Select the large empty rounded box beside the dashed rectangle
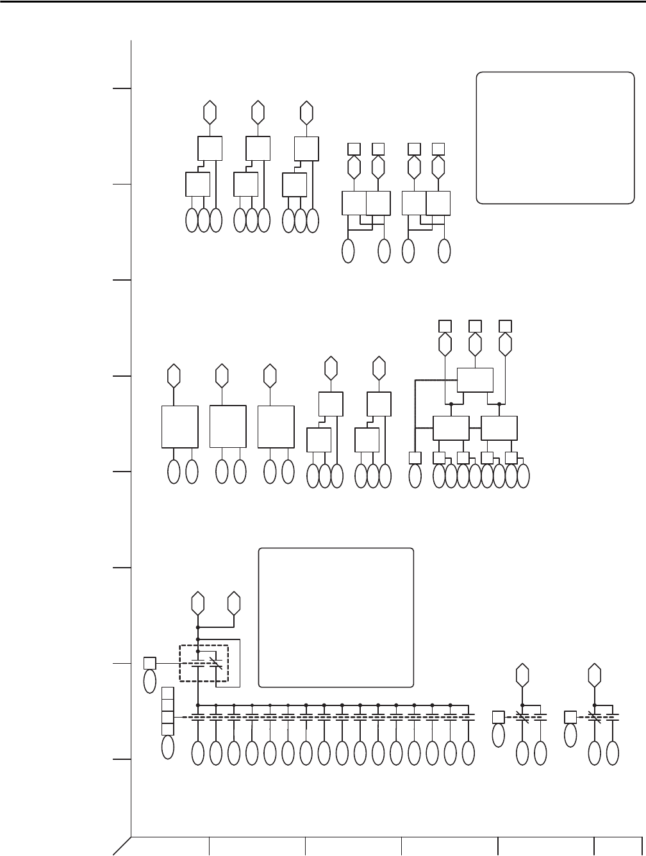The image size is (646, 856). (x=335, y=616)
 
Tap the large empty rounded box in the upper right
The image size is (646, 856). (x=555, y=138)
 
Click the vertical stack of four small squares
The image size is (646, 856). (x=167, y=711)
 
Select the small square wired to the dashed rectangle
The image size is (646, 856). (x=149, y=663)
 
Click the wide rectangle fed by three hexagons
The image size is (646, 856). (x=475, y=380)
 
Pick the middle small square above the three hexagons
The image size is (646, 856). (x=475, y=325)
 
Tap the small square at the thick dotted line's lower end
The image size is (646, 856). (x=415, y=457)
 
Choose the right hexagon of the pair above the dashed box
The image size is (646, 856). (x=234, y=603)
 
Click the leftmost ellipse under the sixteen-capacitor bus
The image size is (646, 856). (x=198, y=753)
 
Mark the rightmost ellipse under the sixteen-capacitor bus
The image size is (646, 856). (x=468, y=753)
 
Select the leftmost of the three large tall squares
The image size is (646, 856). (x=179, y=426)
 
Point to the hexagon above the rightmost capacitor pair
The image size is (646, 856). (x=595, y=674)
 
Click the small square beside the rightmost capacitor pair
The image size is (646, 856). (x=570, y=717)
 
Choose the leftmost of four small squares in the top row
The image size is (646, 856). (x=354, y=149)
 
